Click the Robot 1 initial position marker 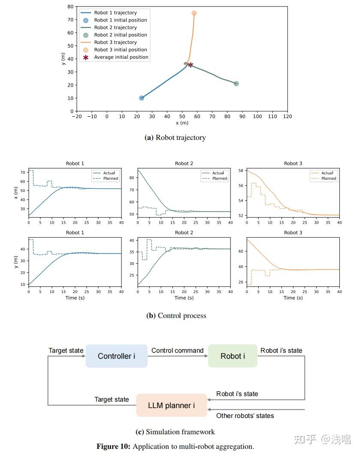coord(142,98)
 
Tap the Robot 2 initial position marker coord(236,84)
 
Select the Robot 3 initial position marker coord(194,13)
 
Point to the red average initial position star coord(191,65)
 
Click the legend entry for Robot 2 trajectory coord(115,27)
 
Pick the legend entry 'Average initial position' coord(121,57)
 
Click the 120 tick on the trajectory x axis coord(287,117)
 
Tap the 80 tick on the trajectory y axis coord(70,7)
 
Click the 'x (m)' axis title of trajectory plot coord(182,123)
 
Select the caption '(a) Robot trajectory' coord(175,138)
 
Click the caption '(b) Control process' coord(176,315)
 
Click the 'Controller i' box coord(116,356)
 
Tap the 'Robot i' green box coord(233,356)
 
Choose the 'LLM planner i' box coord(171,405)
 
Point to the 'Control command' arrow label coord(177,350)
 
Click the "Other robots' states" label coord(245,415)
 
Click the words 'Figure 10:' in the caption coord(113,446)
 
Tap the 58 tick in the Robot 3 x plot coord(241,171)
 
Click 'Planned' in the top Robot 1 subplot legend coord(111,179)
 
